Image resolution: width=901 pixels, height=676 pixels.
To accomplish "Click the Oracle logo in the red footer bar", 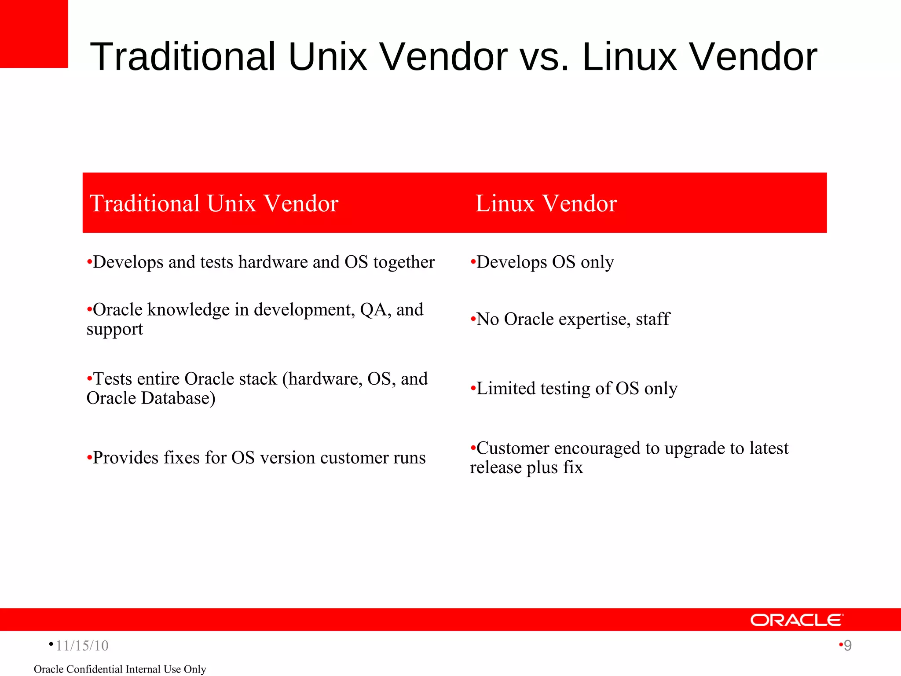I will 797,620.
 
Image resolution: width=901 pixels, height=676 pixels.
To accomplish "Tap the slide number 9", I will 847,646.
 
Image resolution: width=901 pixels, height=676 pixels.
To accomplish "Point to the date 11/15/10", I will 82,646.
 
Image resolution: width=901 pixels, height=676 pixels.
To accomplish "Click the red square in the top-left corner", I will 34,34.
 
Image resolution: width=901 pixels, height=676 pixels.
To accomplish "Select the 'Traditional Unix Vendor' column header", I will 214,204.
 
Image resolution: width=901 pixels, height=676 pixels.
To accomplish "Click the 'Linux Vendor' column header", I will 546,204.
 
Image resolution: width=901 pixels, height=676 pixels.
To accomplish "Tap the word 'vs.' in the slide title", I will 545,57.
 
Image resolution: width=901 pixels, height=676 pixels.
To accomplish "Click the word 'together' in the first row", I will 404,262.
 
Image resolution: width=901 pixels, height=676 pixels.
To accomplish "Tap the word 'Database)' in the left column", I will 178,398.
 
